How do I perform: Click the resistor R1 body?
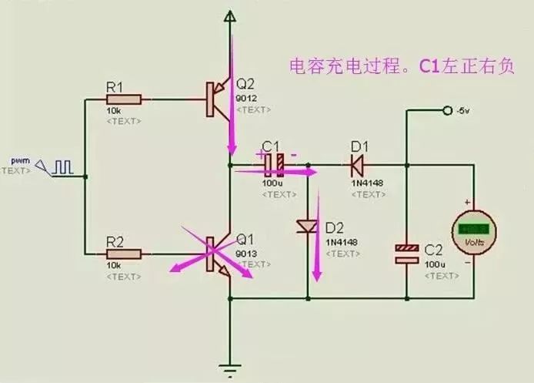(x=124, y=99)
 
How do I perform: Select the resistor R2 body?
(x=124, y=253)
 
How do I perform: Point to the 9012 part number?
(x=245, y=98)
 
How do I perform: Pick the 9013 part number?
(x=245, y=253)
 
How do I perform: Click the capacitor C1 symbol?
(x=275, y=163)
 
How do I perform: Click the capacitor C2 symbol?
(x=406, y=254)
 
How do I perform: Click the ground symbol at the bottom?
(x=229, y=368)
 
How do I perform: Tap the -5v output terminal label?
(x=462, y=112)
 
